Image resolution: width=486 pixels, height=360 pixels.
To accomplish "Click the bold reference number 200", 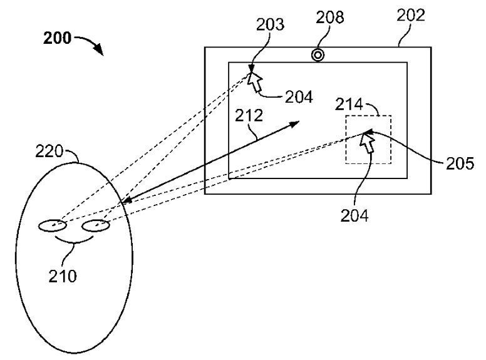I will (x=57, y=38).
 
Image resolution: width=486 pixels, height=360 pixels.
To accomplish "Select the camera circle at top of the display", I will (x=318, y=55).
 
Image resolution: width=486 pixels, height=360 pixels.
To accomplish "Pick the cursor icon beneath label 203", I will (x=255, y=81).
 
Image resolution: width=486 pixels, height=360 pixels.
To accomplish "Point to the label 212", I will (x=249, y=115).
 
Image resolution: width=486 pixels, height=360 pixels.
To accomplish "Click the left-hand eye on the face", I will (x=54, y=226).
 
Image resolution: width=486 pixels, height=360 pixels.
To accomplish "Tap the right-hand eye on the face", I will (x=96, y=225).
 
